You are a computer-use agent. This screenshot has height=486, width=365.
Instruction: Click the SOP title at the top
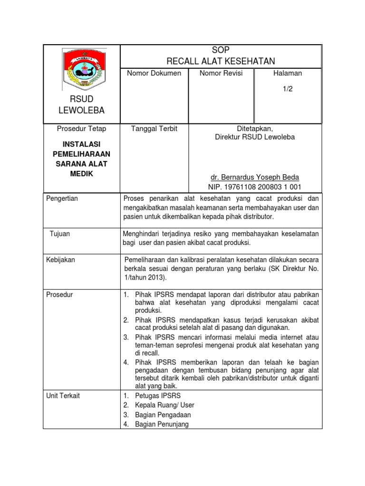tap(221, 50)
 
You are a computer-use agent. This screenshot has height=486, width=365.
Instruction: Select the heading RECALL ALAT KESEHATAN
tap(221, 61)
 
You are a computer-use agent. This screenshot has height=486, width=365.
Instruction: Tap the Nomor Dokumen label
tap(154, 74)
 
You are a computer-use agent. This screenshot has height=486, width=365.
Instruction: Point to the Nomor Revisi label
tap(221, 74)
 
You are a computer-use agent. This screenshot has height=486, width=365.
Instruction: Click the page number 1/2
tap(288, 89)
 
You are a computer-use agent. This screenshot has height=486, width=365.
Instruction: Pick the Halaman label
tap(288, 74)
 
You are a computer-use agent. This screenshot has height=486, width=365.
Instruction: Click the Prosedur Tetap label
tap(81, 129)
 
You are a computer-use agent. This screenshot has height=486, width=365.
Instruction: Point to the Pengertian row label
tap(62, 198)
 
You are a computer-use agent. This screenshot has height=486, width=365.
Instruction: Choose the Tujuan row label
tap(60, 234)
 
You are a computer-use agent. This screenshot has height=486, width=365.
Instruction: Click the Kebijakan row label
tap(61, 260)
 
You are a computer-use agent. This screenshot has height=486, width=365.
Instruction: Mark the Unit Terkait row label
tap(63, 395)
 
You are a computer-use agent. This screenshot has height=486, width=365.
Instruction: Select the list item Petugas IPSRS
tap(158, 395)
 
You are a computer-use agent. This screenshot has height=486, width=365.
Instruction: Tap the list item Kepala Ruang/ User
tap(164, 405)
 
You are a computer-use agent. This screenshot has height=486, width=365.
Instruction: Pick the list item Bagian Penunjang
tap(162, 424)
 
